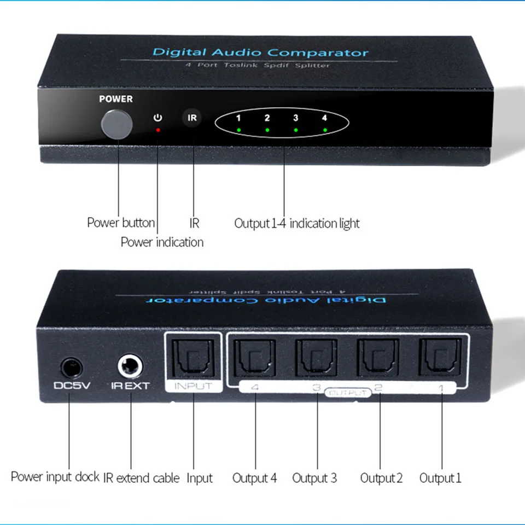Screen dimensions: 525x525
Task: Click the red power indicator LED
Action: [x=158, y=130]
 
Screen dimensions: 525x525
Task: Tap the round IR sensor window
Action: [x=192, y=118]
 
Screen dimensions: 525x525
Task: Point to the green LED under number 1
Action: [x=239, y=130]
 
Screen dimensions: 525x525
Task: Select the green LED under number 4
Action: [x=325, y=130]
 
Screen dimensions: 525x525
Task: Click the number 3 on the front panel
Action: [x=295, y=118]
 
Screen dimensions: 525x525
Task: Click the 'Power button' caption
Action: [x=121, y=223]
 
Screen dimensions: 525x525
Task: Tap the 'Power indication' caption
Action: [x=162, y=242]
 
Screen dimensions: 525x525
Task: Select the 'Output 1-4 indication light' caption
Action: [x=297, y=223]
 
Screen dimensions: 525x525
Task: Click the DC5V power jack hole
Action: [x=69, y=365]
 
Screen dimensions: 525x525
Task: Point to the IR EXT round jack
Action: [x=131, y=364]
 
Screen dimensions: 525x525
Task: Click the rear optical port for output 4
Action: [x=254, y=358]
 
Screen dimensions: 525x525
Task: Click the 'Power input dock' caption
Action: [x=55, y=476]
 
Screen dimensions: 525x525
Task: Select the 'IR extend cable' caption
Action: [x=141, y=478]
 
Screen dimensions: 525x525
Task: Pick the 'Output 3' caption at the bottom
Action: [x=314, y=478]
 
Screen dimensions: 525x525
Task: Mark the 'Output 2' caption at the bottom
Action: [x=381, y=478]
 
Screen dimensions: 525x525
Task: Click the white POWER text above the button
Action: [x=116, y=99]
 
